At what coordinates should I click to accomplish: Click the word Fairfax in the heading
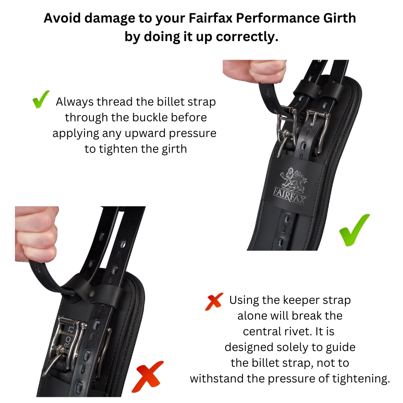[210, 18]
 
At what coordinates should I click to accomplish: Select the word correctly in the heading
[247, 37]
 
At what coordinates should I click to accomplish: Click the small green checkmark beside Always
[41, 99]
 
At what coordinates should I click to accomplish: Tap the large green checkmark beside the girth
[354, 230]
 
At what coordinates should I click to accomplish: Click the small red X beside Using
[214, 301]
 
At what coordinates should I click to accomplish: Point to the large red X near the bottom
[147, 376]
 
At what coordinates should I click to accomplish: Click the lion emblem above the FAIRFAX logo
[293, 179]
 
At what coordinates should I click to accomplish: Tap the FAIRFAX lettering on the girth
[289, 196]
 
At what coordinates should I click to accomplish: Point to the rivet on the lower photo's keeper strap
[92, 293]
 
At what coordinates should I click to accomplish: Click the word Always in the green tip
[74, 102]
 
